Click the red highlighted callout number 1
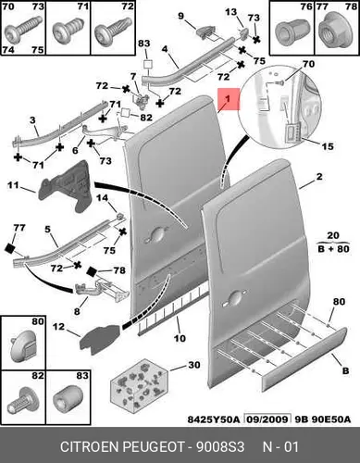coord(228,99)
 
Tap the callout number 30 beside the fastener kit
coord(193,365)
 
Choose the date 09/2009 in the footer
coord(267,419)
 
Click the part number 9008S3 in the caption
coord(220,447)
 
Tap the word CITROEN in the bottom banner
coord(90,447)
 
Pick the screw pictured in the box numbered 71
coord(67,30)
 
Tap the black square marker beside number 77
coord(10,248)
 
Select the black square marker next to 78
coord(92,271)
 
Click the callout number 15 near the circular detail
coord(328,146)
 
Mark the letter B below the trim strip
coord(345,370)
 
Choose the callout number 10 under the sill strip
coord(180,338)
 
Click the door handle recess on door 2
coord(234,297)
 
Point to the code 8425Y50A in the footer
coord(214,419)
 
